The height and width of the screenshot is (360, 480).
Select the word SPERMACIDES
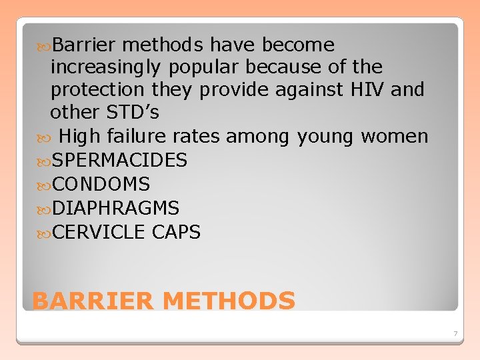pyautogui.click(x=119, y=160)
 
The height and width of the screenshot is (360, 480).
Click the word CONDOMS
pyautogui.click(x=101, y=184)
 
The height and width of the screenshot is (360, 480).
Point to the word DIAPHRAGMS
pyautogui.click(x=115, y=208)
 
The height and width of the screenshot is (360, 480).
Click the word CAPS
pyautogui.click(x=176, y=232)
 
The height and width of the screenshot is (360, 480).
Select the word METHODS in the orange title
pyautogui.click(x=229, y=301)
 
